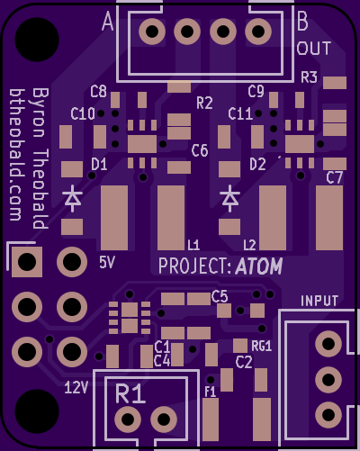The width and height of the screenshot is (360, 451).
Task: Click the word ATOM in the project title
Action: pos(259,266)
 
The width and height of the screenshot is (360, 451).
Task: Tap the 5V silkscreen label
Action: pos(107,263)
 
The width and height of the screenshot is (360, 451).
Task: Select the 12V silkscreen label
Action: pos(76,387)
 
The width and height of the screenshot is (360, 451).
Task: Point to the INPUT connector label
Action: pos(319,301)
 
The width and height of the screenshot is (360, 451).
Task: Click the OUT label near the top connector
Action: pos(314,49)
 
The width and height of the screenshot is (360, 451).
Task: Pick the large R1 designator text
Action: pos(130,393)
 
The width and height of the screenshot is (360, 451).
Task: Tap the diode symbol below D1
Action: pos(72,199)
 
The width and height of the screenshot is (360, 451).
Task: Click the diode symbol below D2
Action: pos(229,199)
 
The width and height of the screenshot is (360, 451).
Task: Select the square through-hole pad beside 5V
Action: pos(27,262)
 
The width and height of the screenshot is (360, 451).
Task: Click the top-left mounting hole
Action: pos(37,40)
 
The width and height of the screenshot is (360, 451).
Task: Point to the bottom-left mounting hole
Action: pos(37,411)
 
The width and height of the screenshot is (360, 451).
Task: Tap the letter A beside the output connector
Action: pos(108,22)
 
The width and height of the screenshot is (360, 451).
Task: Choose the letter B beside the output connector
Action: pos(302,21)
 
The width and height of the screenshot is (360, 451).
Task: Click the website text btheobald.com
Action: pos(15,155)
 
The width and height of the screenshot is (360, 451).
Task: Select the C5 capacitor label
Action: pos(220,296)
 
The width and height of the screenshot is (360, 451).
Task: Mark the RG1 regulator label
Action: pos(262,347)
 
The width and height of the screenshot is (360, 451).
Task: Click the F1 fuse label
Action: pos(211,392)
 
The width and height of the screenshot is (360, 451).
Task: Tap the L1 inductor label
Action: pos(193,245)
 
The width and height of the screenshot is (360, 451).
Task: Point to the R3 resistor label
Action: pos(309,77)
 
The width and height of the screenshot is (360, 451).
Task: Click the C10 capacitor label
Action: pos(83,113)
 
